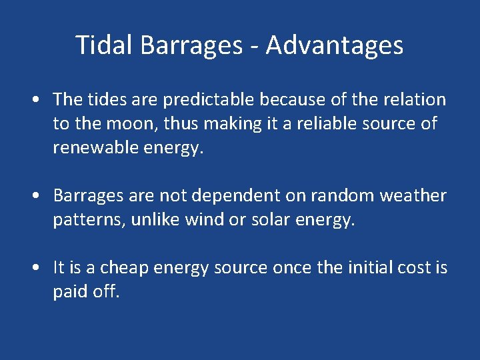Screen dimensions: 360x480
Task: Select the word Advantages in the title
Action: (x=334, y=45)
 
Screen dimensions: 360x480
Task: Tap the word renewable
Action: (x=95, y=148)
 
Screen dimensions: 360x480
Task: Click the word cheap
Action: (x=125, y=268)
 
